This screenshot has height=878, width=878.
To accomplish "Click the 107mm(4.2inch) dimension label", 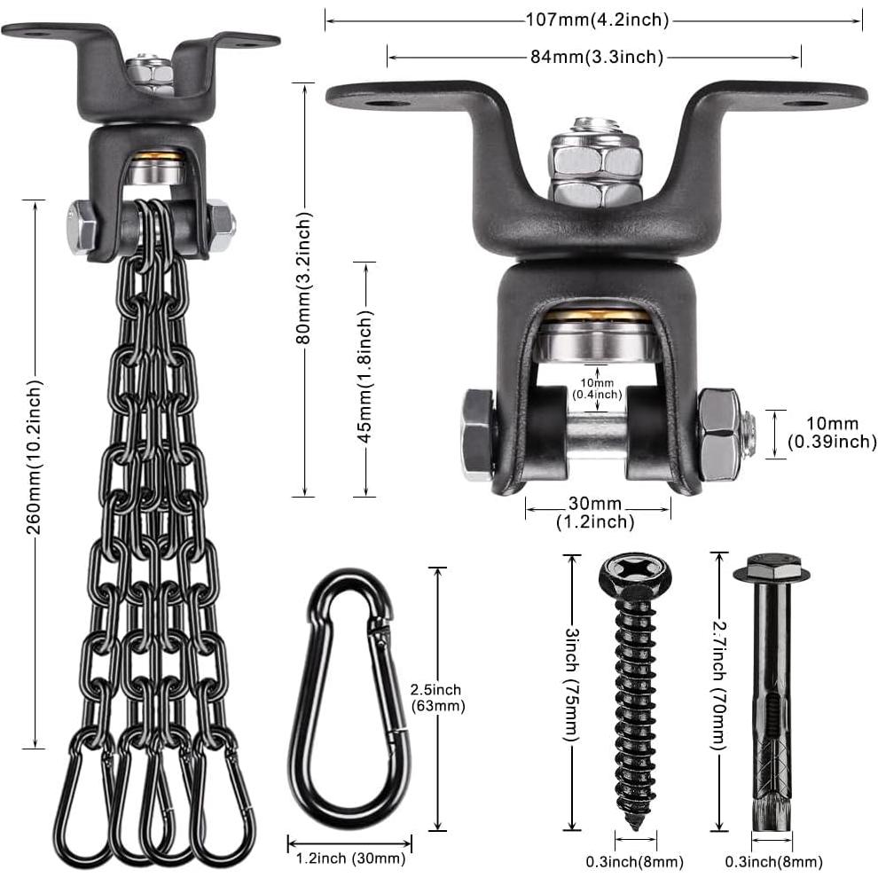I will tap(594, 19).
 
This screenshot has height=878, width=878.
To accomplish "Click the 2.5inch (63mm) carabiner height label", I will tap(436, 698).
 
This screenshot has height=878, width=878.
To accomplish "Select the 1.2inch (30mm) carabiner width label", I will tap(349, 858).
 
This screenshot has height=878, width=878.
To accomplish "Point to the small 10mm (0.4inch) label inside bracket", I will tap(598, 388).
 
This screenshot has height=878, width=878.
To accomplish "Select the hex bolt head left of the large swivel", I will tap(477, 435).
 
